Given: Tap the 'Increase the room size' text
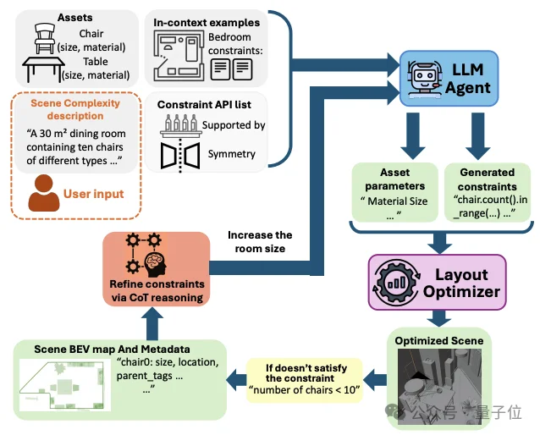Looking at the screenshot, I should pyautogui.click(x=260, y=241).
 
